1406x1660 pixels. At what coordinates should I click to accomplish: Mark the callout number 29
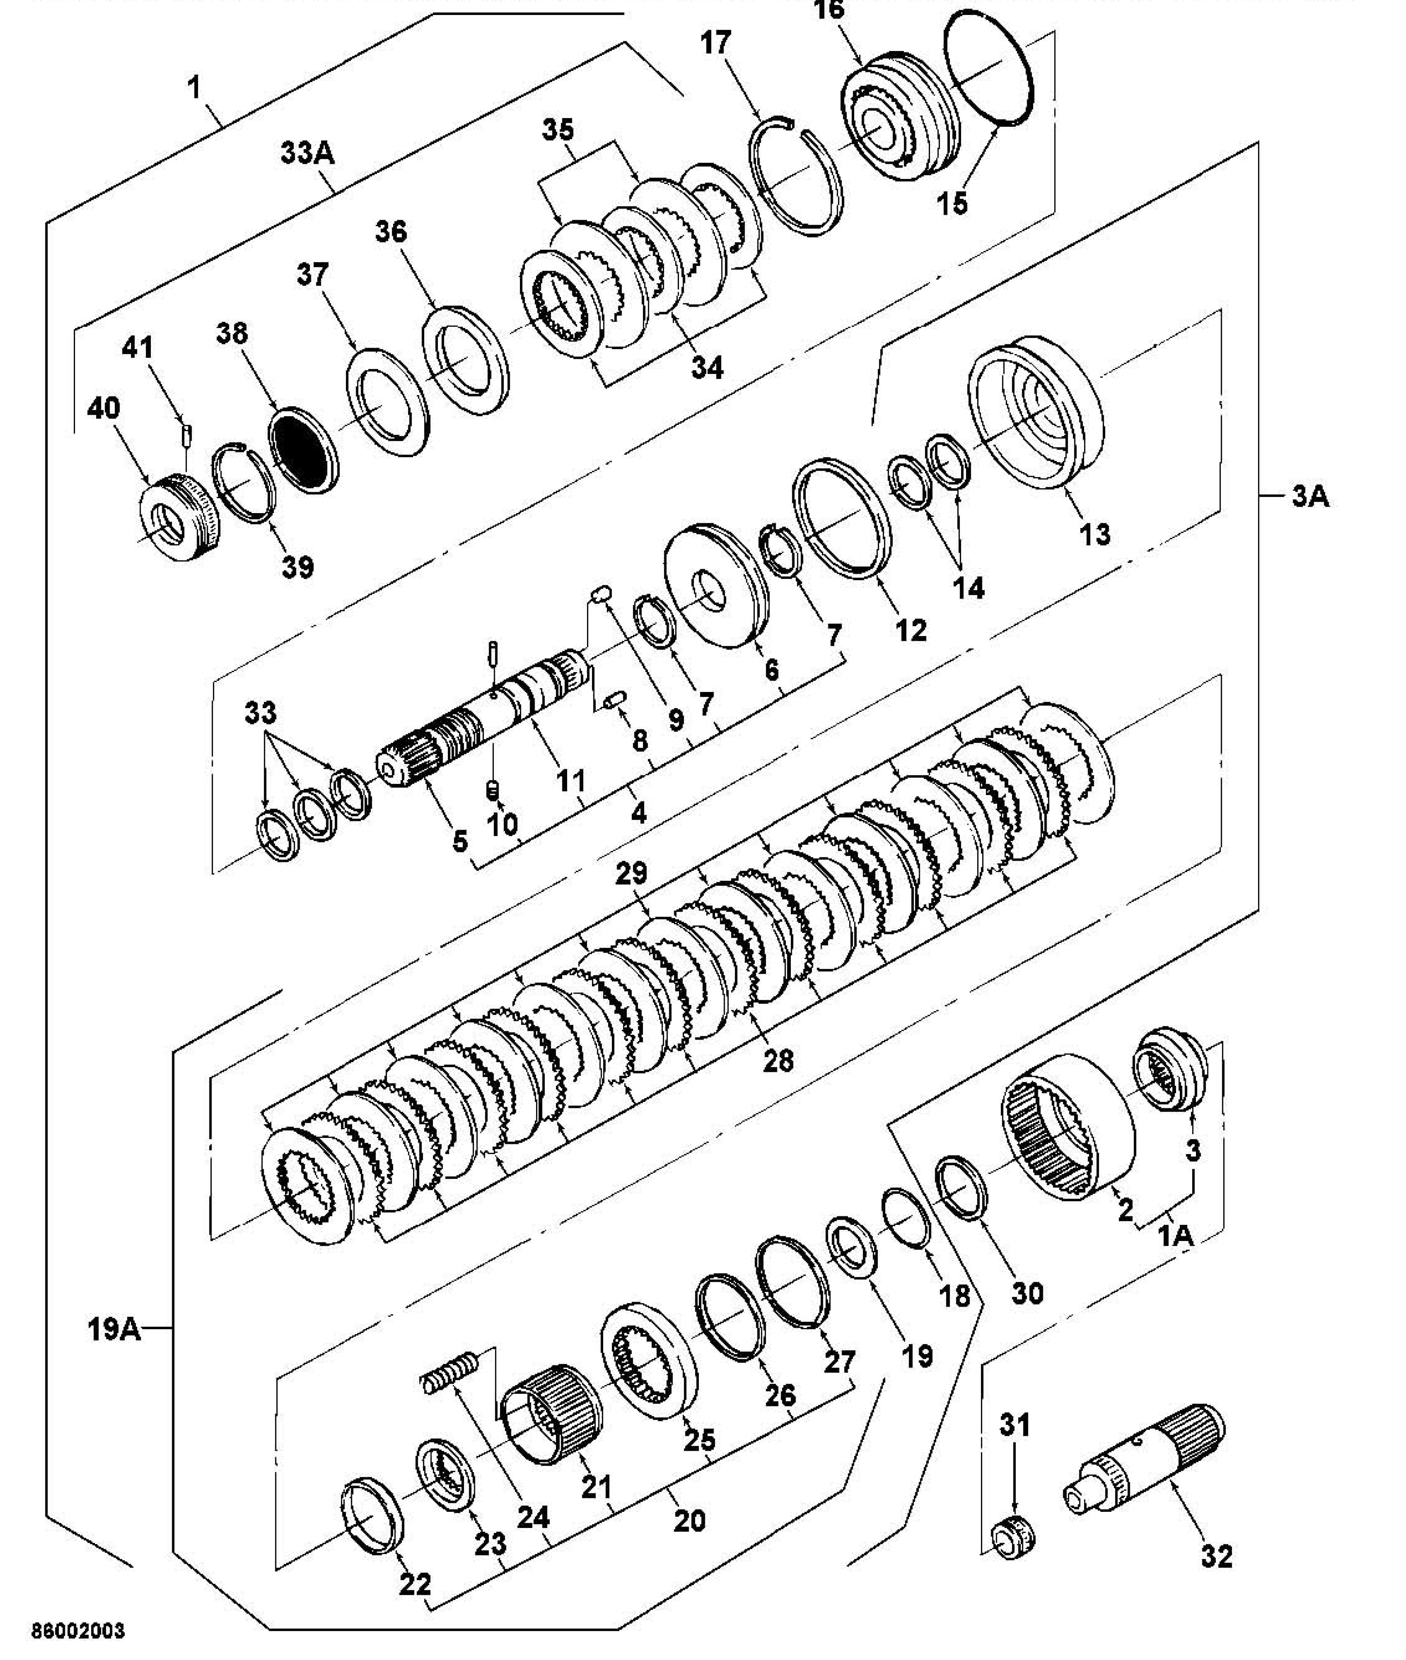tap(631, 874)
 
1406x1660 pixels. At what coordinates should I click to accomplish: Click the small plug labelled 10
tap(493, 791)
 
